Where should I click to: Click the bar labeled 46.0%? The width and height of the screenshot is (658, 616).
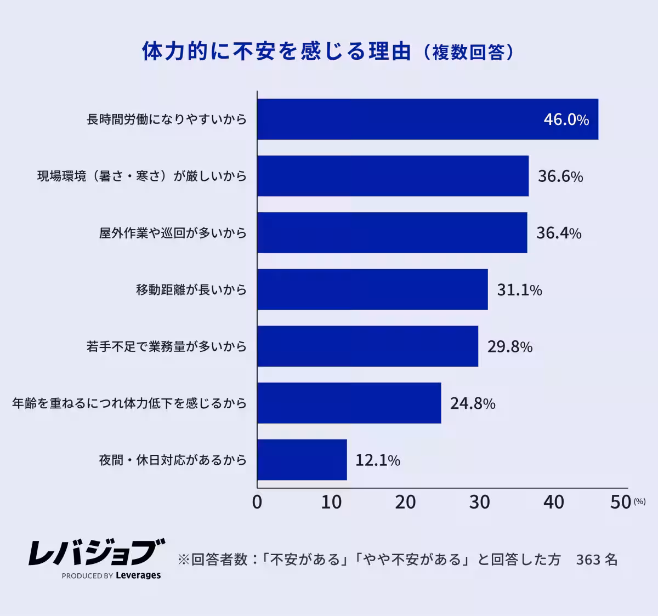click(x=428, y=119)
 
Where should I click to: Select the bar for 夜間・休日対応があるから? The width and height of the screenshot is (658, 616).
click(x=302, y=460)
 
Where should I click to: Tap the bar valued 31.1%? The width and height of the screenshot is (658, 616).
click(x=372, y=289)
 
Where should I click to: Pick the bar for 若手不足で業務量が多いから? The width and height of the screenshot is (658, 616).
click(x=367, y=346)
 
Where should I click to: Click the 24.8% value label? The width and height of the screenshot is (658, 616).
click(x=473, y=403)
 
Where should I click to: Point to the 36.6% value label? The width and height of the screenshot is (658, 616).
click(x=560, y=176)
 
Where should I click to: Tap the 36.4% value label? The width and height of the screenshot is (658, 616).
click(x=558, y=233)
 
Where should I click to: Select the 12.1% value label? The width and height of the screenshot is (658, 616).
click(x=378, y=460)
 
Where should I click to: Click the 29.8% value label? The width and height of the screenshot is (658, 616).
click(x=510, y=346)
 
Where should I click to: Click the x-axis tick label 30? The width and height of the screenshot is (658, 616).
click(x=479, y=502)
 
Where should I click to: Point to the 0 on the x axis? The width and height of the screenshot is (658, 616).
click(x=257, y=502)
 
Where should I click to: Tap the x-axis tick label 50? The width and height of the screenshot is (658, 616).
click(x=621, y=502)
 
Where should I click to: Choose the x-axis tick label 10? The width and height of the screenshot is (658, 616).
click(x=331, y=502)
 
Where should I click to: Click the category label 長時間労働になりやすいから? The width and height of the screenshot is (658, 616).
click(x=167, y=119)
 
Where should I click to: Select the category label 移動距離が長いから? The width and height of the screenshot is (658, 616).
click(x=191, y=289)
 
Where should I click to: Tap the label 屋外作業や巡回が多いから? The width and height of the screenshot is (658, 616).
click(x=173, y=233)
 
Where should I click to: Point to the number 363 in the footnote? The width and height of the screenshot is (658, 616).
click(x=588, y=560)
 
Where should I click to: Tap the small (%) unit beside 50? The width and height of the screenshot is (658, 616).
click(x=639, y=501)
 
